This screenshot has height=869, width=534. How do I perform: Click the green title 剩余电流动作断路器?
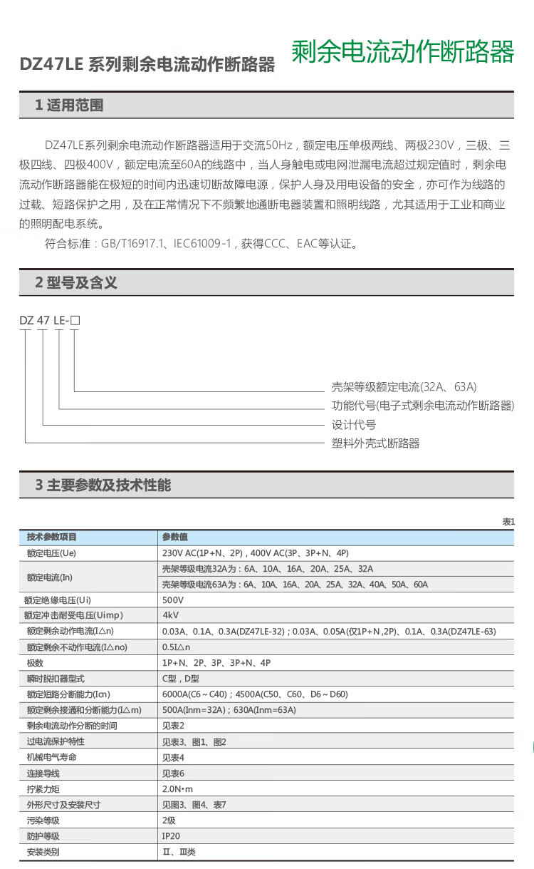[402, 52]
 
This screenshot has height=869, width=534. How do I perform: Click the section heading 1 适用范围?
[69, 106]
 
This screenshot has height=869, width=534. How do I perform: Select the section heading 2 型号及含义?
[76, 282]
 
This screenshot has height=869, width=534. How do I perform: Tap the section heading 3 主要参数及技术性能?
[103, 485]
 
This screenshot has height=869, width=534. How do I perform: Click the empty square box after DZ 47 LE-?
[75, 321]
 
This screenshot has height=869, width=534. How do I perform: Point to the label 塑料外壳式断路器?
[376, 443]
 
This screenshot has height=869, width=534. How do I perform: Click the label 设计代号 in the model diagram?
[354, 425]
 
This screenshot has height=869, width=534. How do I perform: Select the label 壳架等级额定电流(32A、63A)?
[404, 387]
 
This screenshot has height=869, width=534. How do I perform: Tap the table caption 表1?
[508, 523]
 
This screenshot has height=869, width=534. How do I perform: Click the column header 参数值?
[175, 537]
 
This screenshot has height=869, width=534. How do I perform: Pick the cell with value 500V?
[173, 600]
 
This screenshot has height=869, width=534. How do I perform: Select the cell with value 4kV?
[170, 615]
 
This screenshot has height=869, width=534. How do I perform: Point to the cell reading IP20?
[171, 836]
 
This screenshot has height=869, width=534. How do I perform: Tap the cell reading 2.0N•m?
[177, 789]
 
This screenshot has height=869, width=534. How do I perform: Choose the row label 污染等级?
[43, 821]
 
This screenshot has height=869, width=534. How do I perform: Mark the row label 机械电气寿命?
[51, 757]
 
